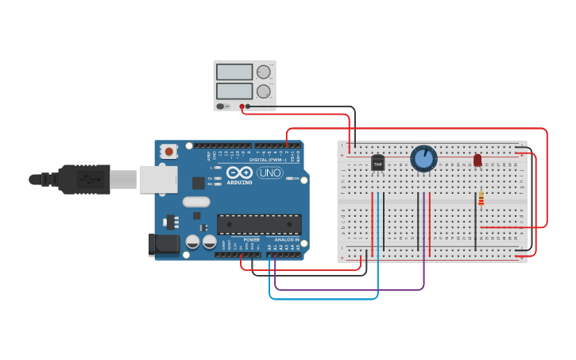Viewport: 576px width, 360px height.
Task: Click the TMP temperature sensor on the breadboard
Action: tap(377, 163)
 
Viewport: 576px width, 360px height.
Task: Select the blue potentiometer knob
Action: tap(423, 158)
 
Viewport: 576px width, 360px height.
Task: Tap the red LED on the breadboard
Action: tap(477, 161)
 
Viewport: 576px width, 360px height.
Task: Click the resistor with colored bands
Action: tap(481, 199)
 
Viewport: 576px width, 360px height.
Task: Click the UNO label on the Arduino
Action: tap(269, 172)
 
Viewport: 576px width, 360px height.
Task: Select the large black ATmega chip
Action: tap(259, 224)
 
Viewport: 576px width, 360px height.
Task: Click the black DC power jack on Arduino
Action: tap(164, 244)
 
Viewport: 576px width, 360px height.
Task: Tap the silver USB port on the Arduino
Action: tap(158, 180)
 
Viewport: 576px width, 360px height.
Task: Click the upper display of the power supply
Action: tap(234, 72)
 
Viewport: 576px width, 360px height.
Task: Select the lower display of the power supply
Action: tap(234, 91)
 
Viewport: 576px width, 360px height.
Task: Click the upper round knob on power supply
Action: tap(264, 72)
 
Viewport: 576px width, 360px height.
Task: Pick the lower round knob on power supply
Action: tap(264, 91)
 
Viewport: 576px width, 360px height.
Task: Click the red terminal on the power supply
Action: tap(242, 106)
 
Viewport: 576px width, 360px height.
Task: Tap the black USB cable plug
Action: tap(83, 180)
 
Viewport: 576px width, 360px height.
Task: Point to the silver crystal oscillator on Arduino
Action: tap(196, 202)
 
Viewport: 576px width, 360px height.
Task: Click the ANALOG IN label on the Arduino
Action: tap(287, 239)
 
